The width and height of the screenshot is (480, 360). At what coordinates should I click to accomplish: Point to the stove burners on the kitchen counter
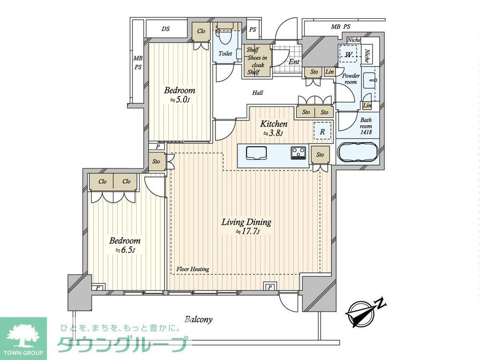[x=298, y=152]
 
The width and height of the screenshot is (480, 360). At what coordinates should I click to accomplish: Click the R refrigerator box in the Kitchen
[x=322, y=131]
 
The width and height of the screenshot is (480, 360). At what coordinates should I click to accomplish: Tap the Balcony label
[x=198, y=320]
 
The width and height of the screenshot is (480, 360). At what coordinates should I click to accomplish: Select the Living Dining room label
[x=247, y=222]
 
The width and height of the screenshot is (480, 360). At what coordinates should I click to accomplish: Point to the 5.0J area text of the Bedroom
[x=179, y=100]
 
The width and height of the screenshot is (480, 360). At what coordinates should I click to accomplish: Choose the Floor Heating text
[x=193, y=269]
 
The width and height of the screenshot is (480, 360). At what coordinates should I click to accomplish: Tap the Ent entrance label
[x=294, y=61]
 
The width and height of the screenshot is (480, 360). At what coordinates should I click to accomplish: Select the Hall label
[x=257, y=93]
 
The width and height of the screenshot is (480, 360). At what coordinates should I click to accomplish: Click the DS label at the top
[x=165, y=29]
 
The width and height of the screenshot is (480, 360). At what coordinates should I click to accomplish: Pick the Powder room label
[x=351, y=79]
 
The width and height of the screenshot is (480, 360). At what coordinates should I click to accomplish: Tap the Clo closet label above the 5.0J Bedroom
[x=201, y=31]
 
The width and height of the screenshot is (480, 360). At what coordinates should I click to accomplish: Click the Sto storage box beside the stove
[x=320, y=155]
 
